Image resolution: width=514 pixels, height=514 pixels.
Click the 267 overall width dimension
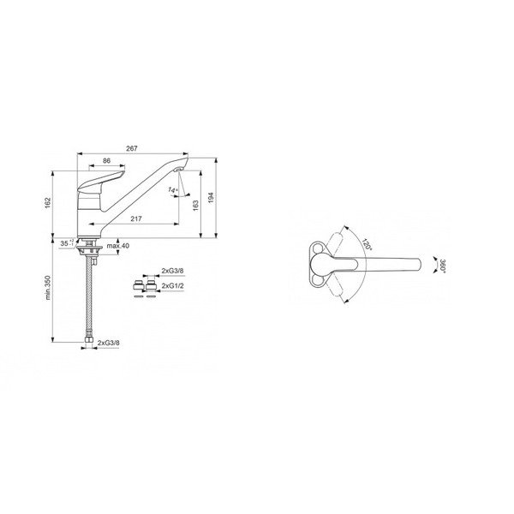point(132,148)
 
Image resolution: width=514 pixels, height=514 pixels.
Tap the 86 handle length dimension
point(106,161)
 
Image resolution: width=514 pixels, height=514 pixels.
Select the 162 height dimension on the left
point(48,203)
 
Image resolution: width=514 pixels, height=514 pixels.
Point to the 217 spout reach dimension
point(136,218)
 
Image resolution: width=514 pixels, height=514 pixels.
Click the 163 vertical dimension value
point(195,206)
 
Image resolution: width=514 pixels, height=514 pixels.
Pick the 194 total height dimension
point(211,198)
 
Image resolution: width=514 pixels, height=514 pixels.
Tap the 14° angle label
point(173,189)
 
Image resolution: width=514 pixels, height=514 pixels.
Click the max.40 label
point(118,246)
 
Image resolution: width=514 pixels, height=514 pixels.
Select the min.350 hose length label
point(48,288)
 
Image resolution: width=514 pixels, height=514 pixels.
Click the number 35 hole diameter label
point(64,243)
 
